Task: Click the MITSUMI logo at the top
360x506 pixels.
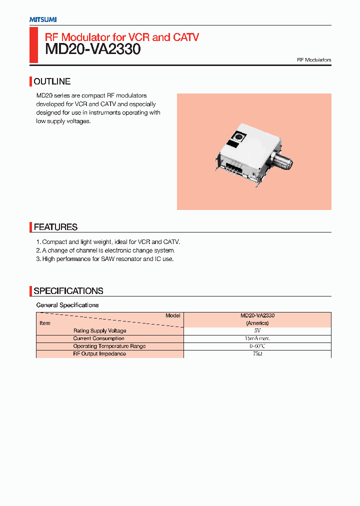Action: coord(42,19)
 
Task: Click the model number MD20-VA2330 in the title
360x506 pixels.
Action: coord(92,49)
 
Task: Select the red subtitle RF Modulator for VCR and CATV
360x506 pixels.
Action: coord(122,36)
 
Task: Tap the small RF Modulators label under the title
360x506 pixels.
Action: coord(314,60)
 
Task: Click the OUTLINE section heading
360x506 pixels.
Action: coord(52,81)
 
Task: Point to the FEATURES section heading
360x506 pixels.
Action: coord(55,227)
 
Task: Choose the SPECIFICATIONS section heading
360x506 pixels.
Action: coord(68,291)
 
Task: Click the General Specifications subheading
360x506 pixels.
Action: coord(67,305)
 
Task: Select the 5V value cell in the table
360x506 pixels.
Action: coord(257,331)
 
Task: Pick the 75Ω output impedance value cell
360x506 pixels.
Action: coord(257,354)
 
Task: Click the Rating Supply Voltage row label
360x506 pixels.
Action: coord(99,331)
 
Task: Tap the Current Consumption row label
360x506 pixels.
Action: coord(98,338)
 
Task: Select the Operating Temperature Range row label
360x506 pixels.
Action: coord(109,346)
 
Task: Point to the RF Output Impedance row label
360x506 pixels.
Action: coord(99,354)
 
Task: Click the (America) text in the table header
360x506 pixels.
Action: coord(257,323)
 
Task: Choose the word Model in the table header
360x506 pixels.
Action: coord(172,316)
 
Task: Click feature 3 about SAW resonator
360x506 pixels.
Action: coord(105,259)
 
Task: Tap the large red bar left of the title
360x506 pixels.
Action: coord(33,45)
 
